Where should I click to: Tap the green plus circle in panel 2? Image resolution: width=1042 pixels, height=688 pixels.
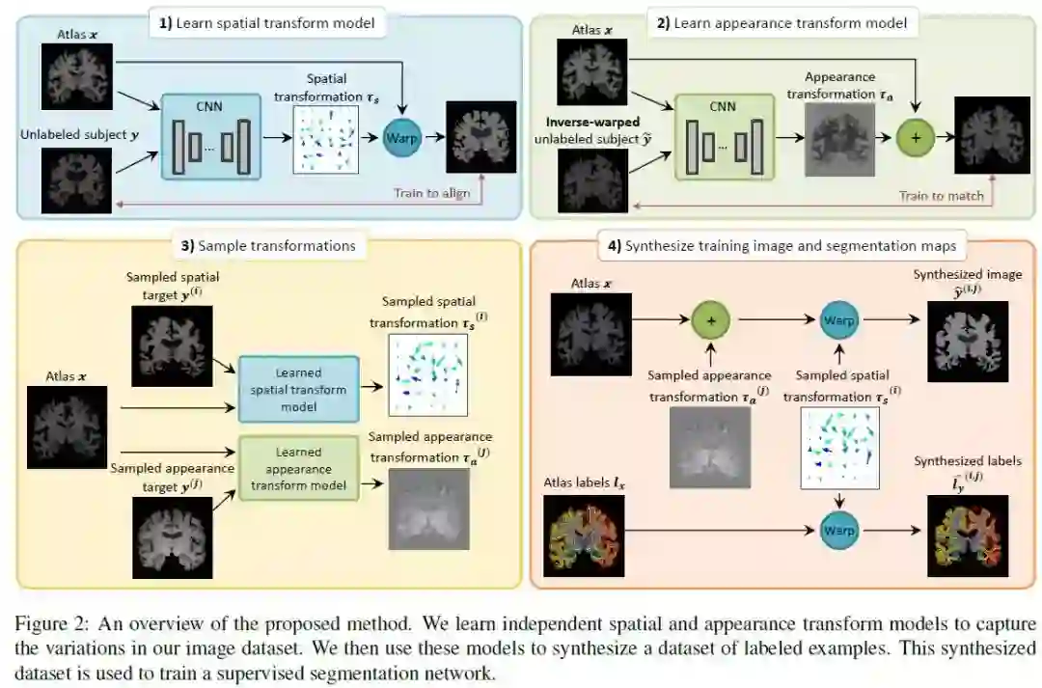click(917, 138)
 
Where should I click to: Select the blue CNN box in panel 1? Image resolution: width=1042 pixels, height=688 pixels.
click(210, 137)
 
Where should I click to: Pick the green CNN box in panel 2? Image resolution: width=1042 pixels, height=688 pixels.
click(724, 137)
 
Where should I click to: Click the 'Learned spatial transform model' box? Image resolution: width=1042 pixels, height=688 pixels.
click(297, 389)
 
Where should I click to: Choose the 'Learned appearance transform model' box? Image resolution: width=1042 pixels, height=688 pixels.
click(297, 468)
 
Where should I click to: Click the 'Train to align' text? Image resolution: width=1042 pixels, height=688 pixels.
click(431, 193)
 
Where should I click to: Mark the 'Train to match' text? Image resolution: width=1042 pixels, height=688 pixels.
click(942, 196)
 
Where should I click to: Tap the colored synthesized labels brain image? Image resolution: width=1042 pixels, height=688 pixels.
click(967, 537)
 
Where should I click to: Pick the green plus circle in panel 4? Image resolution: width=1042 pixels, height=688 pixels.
click(712, 319)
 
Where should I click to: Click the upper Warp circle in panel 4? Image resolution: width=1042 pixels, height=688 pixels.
click(837, 319)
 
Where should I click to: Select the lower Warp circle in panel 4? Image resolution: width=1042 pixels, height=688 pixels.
click(837, 530)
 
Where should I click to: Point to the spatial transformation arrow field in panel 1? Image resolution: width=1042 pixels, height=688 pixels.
click(325, 140)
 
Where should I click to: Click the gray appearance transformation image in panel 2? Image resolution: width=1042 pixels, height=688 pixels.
click(838, 140)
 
